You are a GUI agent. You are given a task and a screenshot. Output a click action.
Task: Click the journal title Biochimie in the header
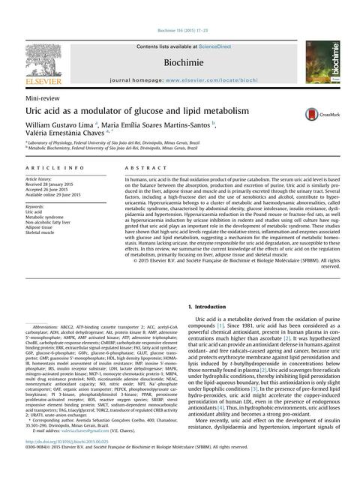click(179, 57)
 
